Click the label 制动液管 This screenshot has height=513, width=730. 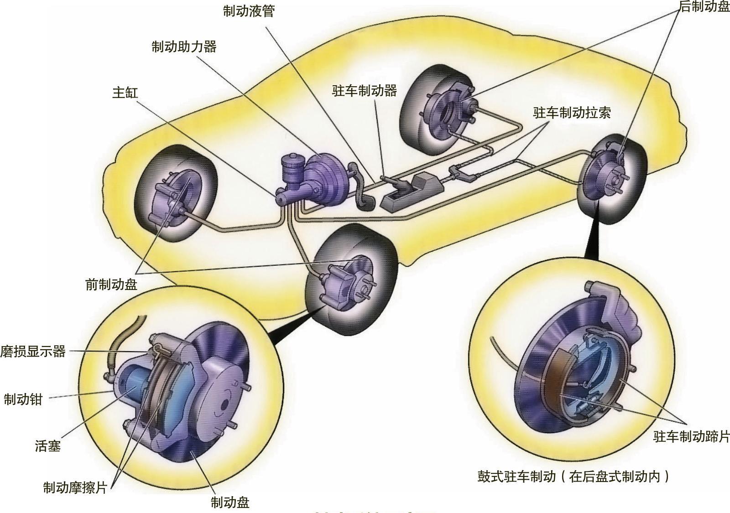[x=249, y=11]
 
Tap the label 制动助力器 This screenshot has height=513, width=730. [x=184, y=47]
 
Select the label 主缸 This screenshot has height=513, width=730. [x=125, y=93]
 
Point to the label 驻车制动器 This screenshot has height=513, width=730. [x=364, y=90]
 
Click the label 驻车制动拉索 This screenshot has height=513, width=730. [x=572, y=113]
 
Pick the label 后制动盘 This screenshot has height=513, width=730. [x=704, y=7]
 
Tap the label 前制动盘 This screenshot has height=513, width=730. [x=111, y=284]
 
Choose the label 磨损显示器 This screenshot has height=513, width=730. [x=33, y=352]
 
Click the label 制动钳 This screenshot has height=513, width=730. [x=23, y=399]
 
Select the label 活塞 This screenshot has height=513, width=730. [x=48, y=446]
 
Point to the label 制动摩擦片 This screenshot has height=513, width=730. [x=75, y=487]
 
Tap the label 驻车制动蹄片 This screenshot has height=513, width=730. [x=691, y=436]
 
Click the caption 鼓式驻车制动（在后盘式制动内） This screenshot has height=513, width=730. [x=573, y=477]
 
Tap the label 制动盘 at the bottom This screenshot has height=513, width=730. [x=230, y=503]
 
